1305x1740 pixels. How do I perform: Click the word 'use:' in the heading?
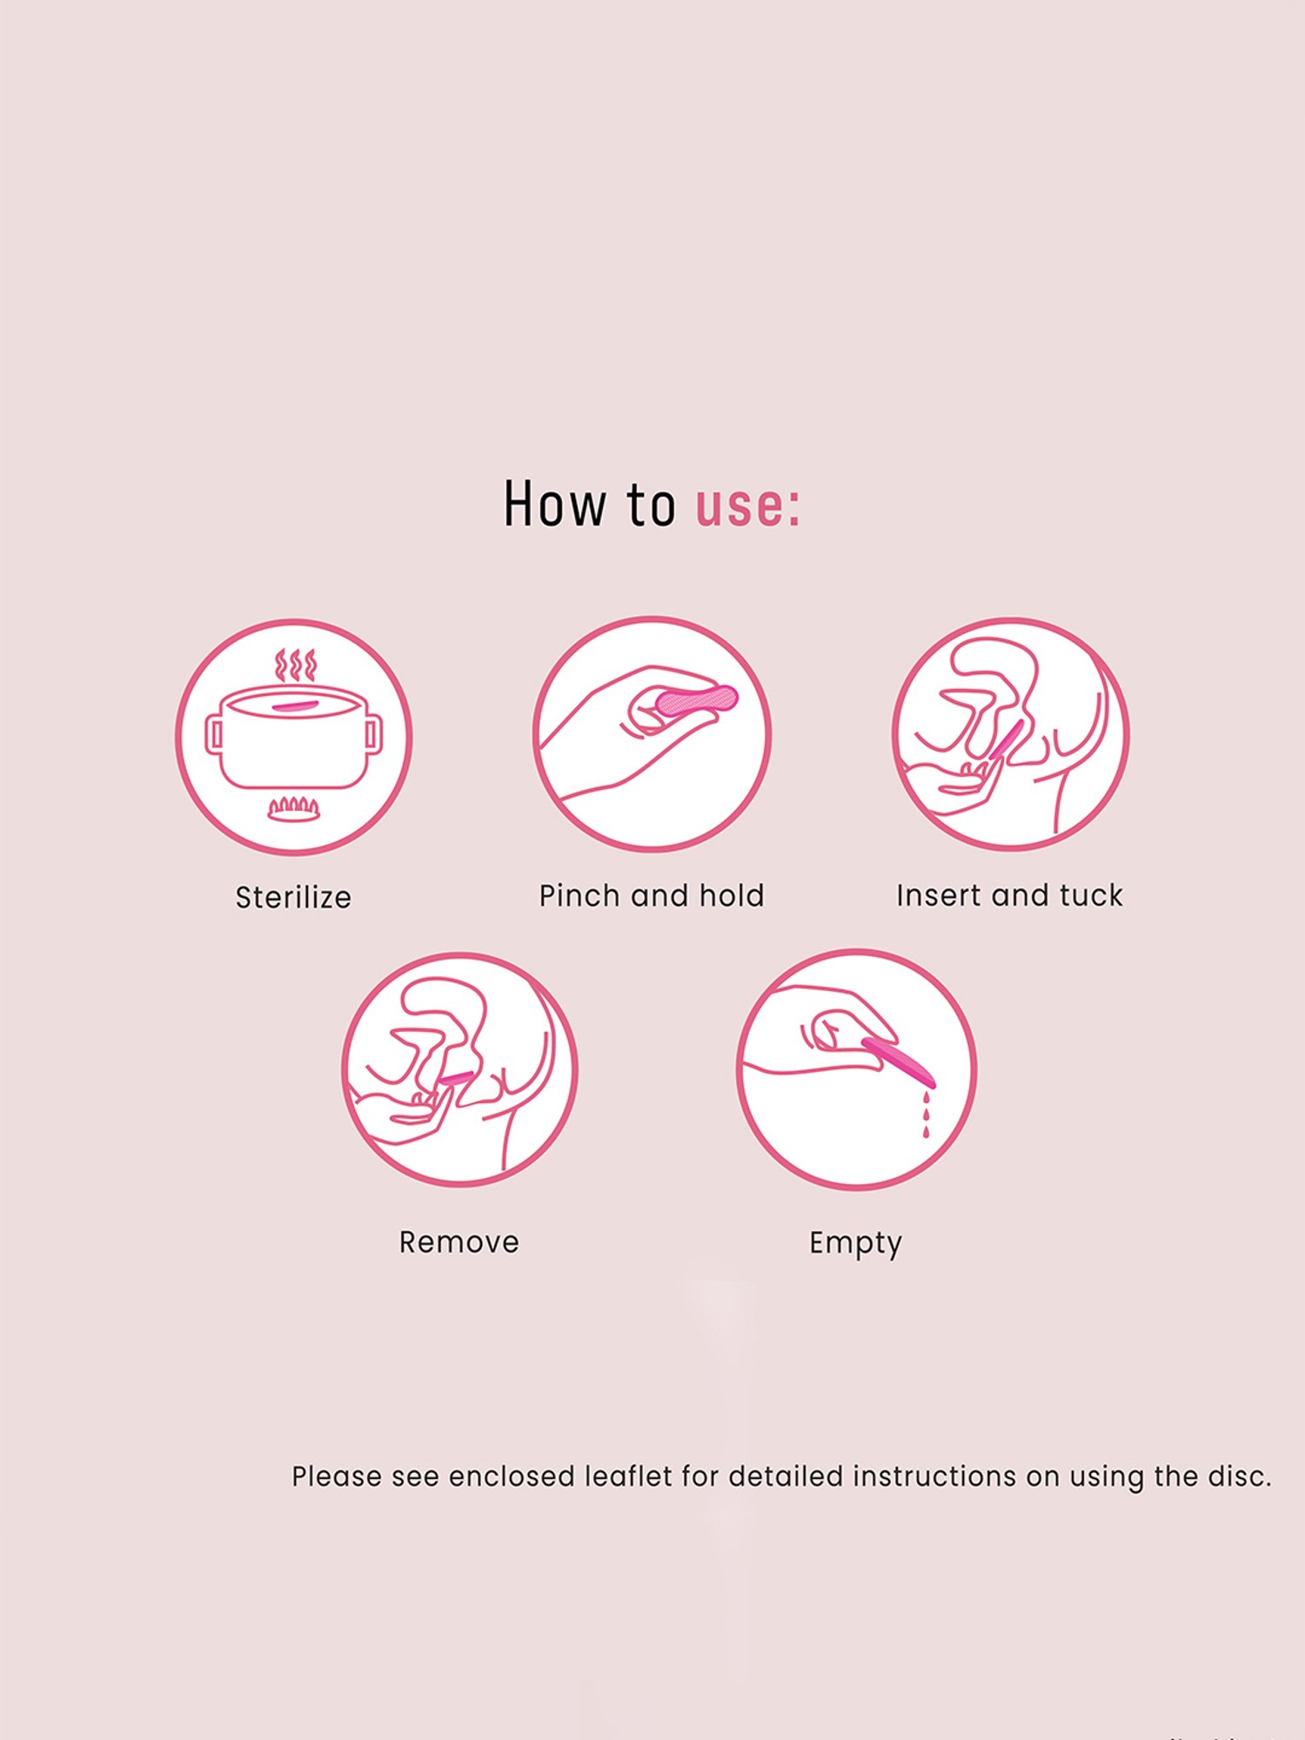pyautogui.click(x=747, y=505)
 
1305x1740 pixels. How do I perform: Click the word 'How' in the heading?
pyautogui.click(x=554, y=504)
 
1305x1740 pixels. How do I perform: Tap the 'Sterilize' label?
pyautogui.click(x=293, y=897)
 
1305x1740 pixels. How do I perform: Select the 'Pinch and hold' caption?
pyautogui.click(x=651, y=895)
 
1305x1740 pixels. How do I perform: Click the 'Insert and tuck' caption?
pyautogui.click(x=1009, y=895)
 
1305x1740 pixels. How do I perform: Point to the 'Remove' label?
pyautogui.click(x=458, y=1241)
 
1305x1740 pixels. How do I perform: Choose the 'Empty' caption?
pyautogui.click(x=855, y=1242)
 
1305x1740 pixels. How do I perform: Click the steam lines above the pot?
pyautogui.click(x=295, y=666)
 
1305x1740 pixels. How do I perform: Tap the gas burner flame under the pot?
pyautogui.click(x=293, y=808)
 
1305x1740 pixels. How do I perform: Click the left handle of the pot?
pyautogui.click(x=213, y=735)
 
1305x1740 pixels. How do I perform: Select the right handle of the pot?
pyautogui.click(x=374, y=734)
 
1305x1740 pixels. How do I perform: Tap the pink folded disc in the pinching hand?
pyautogui.click(x=697, y=700)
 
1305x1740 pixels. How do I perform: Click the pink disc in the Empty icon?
pyautogui.click(x=900, y=1062)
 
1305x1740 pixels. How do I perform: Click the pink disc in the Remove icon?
pyautogui.click(x=456, y=1078)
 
